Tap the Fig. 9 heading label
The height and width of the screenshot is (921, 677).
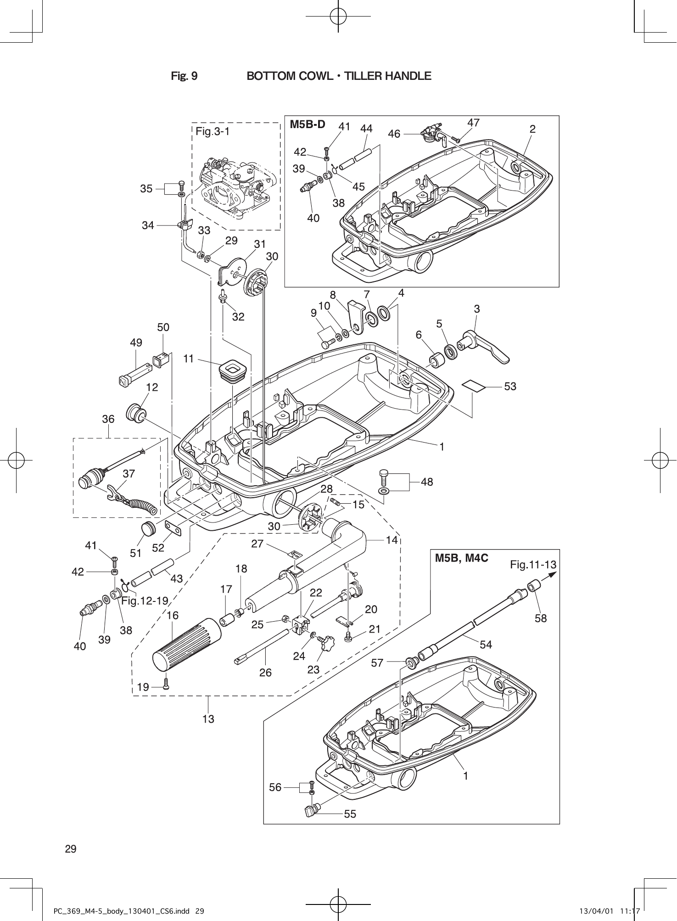pos(184,76)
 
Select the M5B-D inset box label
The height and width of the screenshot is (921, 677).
pos(307,124)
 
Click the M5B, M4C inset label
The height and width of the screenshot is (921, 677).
pos(461,558)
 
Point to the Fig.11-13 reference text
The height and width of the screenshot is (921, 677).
pos(532,565)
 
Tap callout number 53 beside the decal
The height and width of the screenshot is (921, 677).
pos(510,387)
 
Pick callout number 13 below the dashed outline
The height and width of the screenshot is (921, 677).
pos(208,719)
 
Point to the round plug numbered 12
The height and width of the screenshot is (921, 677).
pos(136,412)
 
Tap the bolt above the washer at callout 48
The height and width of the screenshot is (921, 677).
pos(384,477)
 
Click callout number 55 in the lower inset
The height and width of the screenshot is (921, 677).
pos(350,814)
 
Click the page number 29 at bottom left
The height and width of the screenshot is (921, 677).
pos(71,849)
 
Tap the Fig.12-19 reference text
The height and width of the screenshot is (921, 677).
pos(145,601)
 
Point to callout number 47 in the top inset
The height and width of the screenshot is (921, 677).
pos(473,123)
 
